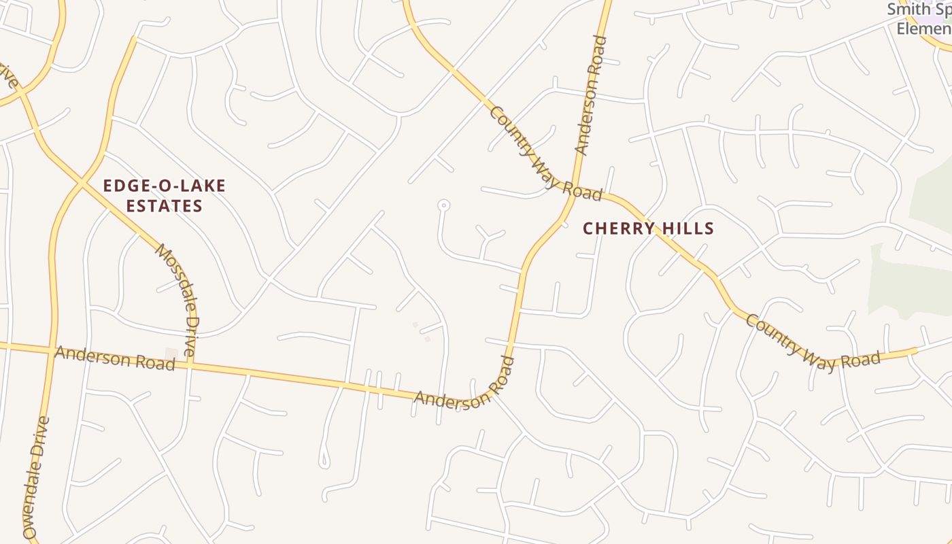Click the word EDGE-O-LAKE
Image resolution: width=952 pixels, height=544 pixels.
point(164,186)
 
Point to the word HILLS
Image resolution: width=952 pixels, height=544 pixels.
point(689,228)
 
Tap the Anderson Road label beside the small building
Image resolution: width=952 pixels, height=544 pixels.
point(114,358)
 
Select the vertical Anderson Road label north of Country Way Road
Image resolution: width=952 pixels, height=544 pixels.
point(590,95)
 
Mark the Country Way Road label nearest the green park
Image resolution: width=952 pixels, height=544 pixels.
point(813,343)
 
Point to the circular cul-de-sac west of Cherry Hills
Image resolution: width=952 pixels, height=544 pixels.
point(443,204)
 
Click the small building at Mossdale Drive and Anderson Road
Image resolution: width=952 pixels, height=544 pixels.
point(171,354)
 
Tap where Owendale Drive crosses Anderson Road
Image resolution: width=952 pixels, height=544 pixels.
point(52,351)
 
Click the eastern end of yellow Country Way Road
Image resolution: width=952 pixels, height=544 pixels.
point(915,351)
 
